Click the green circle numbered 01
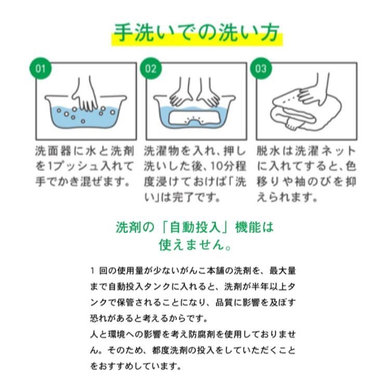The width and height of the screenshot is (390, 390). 41,69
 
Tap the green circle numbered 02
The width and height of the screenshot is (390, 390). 151,69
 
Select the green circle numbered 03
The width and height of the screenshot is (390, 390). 261,69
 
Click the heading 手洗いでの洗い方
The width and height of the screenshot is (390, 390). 197,33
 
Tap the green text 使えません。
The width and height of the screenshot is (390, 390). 196,245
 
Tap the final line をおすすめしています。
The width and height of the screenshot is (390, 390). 135,367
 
